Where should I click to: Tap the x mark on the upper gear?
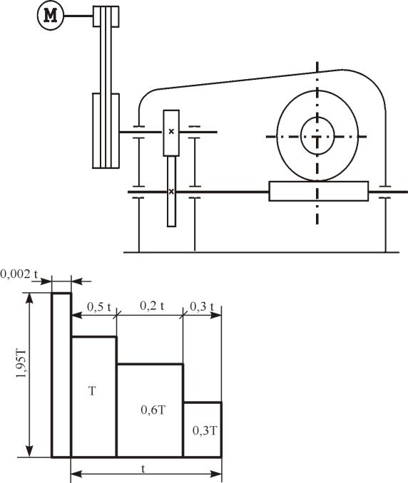coord(171,132)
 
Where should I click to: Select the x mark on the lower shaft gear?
coord(171,192)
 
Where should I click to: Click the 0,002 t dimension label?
coord(19,274)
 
